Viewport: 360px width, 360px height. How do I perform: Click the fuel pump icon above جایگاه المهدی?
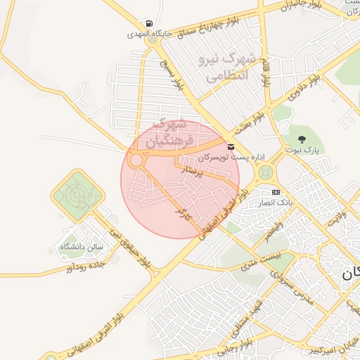point(148,22)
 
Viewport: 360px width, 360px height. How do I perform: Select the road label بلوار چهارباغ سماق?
point(203,24)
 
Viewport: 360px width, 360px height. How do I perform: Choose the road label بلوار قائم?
point(266,73)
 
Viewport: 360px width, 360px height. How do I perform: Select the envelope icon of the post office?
point(231,146)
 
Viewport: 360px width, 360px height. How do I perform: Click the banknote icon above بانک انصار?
point(276,192)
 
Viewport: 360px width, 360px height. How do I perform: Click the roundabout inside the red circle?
point(136,160)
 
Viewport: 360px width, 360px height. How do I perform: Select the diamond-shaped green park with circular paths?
point(77,195)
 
